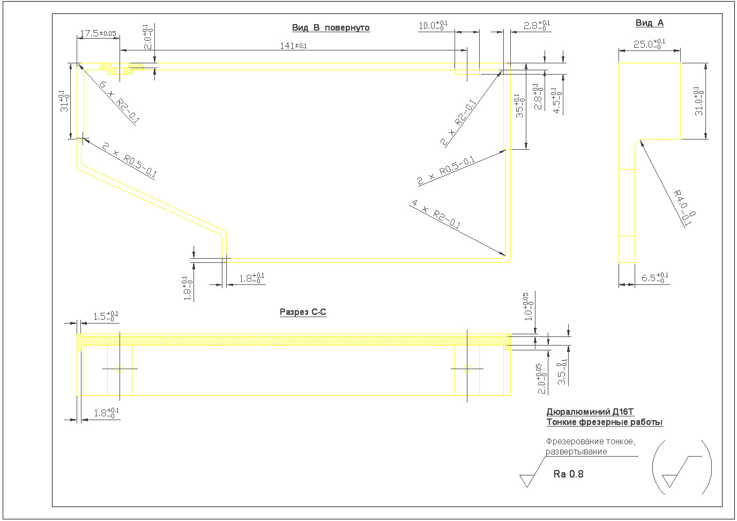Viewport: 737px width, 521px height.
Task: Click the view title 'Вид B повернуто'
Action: click(x=331, y=28)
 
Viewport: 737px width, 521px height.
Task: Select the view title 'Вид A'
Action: click(x=649, y=23)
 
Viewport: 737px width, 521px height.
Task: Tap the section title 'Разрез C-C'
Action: click(x=303, y=312)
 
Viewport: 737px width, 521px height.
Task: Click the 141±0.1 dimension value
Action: click(x=293, y=46)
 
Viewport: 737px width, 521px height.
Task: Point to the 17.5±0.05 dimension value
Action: click(x=98, y=34)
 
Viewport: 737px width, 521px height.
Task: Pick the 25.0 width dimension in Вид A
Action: click(x=649, y=44)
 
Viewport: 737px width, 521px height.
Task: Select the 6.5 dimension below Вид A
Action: click(x=654, y=278)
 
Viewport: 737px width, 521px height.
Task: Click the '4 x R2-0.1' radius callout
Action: click(x=435, y=214)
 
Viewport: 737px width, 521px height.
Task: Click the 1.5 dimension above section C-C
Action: click(x=106, y=317)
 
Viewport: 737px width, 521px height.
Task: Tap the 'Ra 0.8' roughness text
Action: click(x=568, y=474)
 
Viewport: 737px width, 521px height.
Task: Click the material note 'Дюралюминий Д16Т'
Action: click(x=590, y=412)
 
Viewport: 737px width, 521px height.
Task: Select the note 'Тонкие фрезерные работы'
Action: click(x=605, y=422)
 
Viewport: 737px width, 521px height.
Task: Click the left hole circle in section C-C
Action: click(x=120, y=369)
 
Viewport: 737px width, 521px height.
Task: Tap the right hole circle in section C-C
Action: click(x=467, y=369)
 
